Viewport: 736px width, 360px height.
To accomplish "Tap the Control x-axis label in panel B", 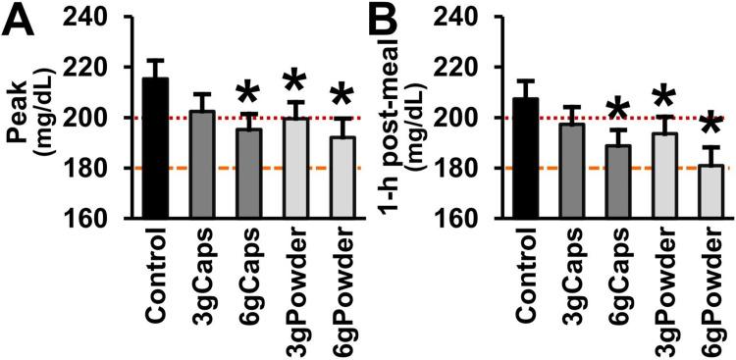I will pos(526,276).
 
